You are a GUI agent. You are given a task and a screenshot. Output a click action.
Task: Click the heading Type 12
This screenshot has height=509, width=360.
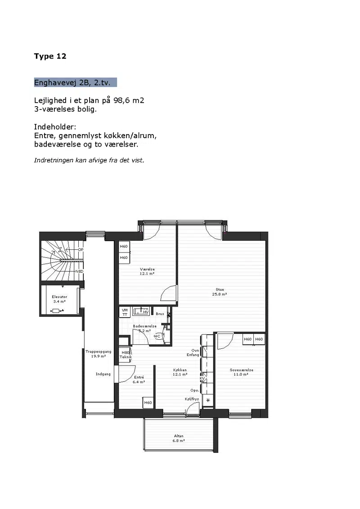(50, 56)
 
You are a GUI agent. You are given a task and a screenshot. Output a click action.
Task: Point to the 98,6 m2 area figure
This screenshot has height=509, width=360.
(129, 100)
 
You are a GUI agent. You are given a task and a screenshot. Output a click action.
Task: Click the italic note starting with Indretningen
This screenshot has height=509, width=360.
(89, 160)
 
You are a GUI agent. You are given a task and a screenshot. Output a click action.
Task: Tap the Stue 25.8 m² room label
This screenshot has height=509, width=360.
(220, 292)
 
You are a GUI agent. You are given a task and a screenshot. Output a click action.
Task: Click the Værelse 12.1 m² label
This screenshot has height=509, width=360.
(147, 271)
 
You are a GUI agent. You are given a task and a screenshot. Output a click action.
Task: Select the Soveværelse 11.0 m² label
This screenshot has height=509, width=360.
(242, 372)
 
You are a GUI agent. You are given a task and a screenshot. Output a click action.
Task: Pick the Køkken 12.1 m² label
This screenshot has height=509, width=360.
(180, 372)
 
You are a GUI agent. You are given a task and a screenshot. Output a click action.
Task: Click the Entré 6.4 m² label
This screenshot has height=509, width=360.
(139, 379)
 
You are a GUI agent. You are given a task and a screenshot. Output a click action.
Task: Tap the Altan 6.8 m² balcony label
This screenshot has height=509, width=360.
(179, 438)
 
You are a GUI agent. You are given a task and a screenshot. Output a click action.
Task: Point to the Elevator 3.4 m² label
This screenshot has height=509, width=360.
(59, 299)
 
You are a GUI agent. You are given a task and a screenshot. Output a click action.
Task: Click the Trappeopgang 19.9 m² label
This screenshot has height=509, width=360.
(99, 353)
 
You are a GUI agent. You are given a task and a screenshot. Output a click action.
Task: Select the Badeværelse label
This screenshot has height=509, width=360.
(144, 326)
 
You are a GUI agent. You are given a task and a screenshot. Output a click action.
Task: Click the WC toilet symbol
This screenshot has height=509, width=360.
(157, 336)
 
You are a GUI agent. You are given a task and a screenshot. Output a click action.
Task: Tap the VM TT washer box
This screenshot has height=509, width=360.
(125, 312)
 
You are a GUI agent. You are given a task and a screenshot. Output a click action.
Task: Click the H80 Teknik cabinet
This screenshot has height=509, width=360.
(126, 355)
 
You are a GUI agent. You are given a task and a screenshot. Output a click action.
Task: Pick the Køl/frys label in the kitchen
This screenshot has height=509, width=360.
(192, 399)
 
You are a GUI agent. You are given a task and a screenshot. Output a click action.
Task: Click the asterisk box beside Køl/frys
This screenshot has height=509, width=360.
(208, 400)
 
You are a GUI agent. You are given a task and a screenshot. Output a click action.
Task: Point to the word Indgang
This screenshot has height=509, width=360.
(103, 374)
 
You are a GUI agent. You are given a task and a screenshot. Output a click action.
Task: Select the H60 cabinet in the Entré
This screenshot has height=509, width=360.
(148, 402)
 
